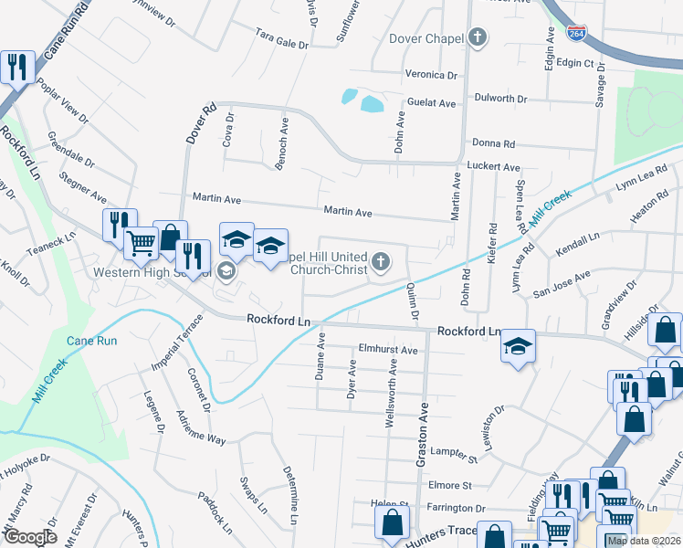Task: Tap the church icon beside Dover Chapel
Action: [x=477, y=38]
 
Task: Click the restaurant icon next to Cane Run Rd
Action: [x=17, y=66]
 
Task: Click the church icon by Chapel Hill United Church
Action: [x=381, y=264]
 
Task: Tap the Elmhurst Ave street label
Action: [x=388, y=350]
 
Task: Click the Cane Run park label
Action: [x=91, y=341]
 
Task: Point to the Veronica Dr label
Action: [x=431, y=75]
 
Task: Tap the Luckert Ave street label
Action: [x=493, y=167]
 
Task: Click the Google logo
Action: [x=29, y=536]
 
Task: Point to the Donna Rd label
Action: [x=494, y=143]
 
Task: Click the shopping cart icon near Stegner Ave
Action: [x=142, y=241]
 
